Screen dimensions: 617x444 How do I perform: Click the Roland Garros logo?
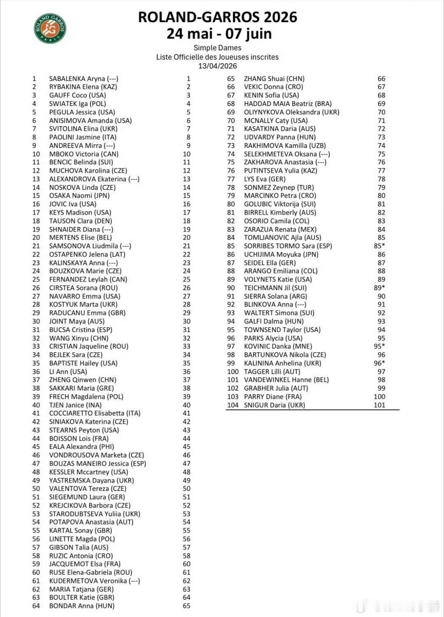pyautogui.click(x=50, y=28)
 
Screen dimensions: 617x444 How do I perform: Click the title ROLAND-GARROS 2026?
pyautogui.click(x=217, y=17)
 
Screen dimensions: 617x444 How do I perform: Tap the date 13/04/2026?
pyautogui.click(x=217, y=66)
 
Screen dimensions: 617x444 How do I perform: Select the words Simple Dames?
pyautogui.click(x=217, y=48)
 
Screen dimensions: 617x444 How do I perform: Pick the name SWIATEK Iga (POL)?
pyautogui.click(x=77, y=104)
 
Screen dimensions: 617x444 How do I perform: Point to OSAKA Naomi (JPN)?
pyautogui.click(x=79, y=196)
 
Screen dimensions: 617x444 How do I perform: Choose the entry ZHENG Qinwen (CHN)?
pyautogui.click(x=83, y=380)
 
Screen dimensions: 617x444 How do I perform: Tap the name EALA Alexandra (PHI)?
pyautogui.click(x=81, y=447)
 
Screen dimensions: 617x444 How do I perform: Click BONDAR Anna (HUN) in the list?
pyautogui.click(x=82, y=606)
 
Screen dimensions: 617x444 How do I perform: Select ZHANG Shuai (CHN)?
pyautogui.click(x=274, y=79)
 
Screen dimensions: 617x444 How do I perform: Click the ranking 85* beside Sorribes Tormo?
pyautogui.click(x=379, y=246)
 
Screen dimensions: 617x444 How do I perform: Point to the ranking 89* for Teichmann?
pyautogui.click(x=379, y=288)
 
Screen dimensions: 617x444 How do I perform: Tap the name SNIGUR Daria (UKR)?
pyautogui.click(x=275, y=405)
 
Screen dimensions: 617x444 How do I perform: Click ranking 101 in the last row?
pyautogui.click(x=379, y=405)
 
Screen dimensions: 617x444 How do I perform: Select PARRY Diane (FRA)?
pyautogui.click(x=273, y=397)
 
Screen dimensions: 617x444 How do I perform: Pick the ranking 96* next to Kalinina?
pyautogui.click(x=379, y=363)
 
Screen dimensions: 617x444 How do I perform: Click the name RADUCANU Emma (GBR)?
pyautogui.click(x=87, y=313)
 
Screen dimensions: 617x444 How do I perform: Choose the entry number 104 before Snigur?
pyautogui.click(x=233, y=405)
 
